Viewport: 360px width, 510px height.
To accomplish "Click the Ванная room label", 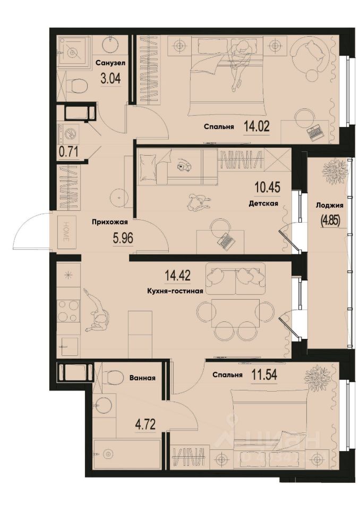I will click(x=142, y=378).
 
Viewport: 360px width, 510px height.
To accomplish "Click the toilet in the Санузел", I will click(x=77, y=85).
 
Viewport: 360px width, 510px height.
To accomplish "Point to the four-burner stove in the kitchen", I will click(x=68, y=311).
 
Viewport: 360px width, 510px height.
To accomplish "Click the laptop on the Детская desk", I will click(x=227, y=242).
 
